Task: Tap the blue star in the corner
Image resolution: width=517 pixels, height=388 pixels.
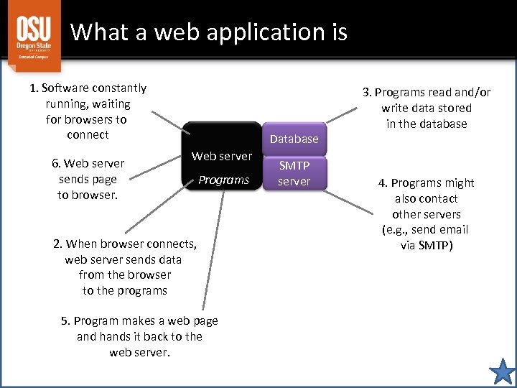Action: pos(502,372)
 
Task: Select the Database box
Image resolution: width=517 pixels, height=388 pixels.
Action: pos(294,139)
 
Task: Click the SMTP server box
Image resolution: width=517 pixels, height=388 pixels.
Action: pos(294,173)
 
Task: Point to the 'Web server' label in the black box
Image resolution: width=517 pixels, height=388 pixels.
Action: pos(222,156)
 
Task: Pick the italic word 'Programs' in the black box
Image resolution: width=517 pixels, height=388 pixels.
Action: pos(223,180)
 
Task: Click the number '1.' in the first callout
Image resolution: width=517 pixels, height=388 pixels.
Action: pos(34,88)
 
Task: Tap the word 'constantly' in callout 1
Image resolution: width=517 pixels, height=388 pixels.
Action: pos(119,88)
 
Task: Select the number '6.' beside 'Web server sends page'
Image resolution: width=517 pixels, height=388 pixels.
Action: pos(57,164)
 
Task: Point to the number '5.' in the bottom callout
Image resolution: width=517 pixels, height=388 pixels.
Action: pos(66,321)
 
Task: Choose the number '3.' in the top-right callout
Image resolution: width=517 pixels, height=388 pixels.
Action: pos(368,92)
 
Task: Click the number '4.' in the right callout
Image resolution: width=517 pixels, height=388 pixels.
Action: pos(383,183)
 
